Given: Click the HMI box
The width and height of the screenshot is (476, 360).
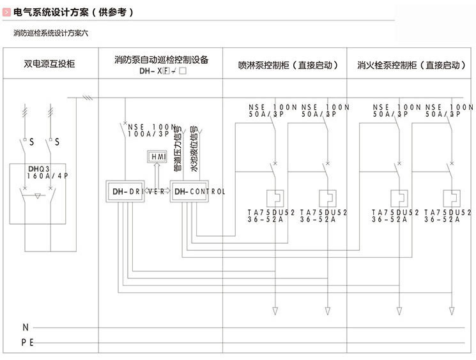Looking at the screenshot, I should (157, 157).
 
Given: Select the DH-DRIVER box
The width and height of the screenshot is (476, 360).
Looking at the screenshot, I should (125, 191).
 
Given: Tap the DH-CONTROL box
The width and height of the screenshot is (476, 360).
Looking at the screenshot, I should (190, 191).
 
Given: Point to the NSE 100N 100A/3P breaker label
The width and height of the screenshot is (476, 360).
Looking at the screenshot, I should (152, 131).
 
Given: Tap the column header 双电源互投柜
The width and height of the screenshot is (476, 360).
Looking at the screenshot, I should (49, 64).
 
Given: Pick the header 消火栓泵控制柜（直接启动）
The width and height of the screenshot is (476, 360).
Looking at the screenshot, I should (411, 65).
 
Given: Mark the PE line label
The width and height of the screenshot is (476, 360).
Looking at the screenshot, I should (27, 342).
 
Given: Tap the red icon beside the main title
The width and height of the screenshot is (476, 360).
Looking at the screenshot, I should (6, 12).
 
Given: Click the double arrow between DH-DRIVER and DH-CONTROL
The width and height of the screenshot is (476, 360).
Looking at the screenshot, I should (158, 191).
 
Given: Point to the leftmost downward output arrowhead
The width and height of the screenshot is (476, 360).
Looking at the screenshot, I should (275, 310).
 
